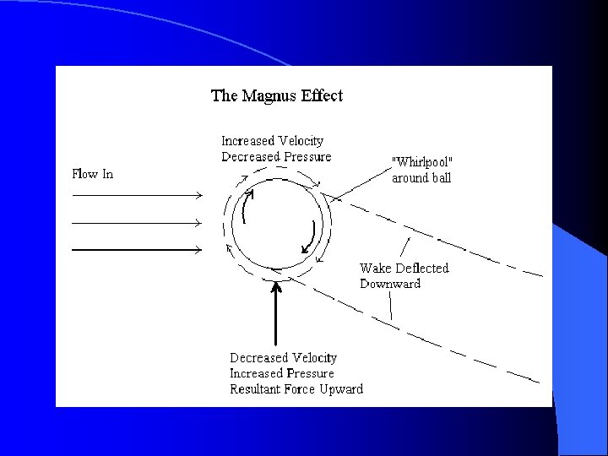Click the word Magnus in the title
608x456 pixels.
(270, 95)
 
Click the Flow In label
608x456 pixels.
(92, 175)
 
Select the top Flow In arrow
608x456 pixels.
(135, 195)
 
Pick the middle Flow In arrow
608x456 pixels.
(135, 223)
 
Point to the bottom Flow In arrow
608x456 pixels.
(135, 250)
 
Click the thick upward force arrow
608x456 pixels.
(276, 312)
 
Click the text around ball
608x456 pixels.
(421, 178)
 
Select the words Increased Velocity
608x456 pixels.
(272, 141)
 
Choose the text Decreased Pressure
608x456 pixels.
(276, 156)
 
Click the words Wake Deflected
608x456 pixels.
(404, 269)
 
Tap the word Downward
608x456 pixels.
(389, 284)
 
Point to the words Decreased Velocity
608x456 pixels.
(283, 358)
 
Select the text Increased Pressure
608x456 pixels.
(282, 373)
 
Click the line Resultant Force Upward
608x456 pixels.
(296, 389)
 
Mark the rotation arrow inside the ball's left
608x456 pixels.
(246, 206)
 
